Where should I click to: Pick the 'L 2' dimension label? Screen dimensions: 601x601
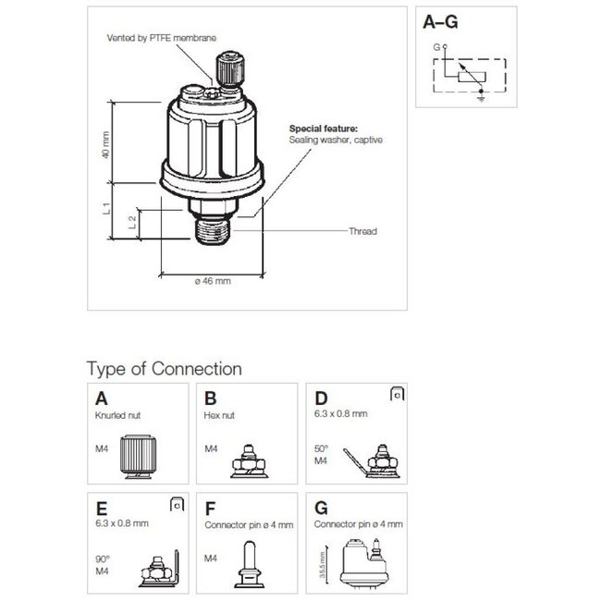[x=132, y=221]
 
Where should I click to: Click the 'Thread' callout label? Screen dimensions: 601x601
[x=362, y=232]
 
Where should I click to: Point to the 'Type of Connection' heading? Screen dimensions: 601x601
[x=164, y=369]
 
